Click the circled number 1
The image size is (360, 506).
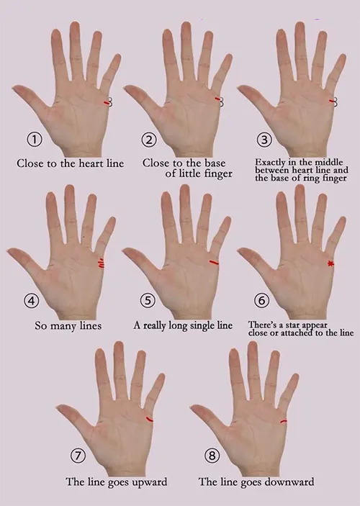34,139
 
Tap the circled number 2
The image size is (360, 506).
149,139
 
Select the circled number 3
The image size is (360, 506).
265,139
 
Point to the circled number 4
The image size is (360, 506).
34,299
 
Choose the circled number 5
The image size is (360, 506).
149,299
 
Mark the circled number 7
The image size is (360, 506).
79,455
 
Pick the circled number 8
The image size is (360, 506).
210,455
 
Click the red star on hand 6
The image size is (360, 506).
330,264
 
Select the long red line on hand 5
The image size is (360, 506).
214,263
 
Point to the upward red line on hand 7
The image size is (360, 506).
149,418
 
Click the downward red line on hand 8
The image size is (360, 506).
283,420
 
